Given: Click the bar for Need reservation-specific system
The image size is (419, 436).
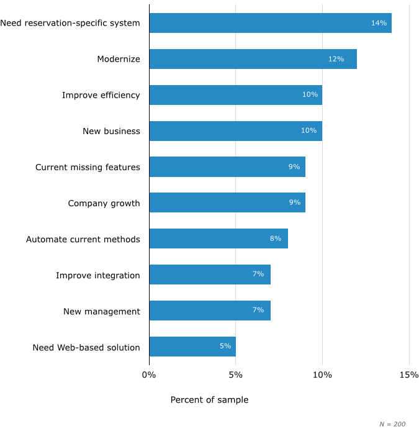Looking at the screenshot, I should coord(270,23).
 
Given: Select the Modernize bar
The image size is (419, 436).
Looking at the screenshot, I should coord(253,59).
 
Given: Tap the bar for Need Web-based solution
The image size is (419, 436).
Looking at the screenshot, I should coord(192,347).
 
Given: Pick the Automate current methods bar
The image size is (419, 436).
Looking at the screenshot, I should coord(219,238).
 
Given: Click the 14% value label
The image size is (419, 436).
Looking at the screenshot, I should coord(379,23).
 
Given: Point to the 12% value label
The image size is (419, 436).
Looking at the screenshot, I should coord(336,59).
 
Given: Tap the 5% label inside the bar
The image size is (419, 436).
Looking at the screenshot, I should coord(225,346).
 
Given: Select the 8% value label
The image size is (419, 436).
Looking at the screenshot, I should coord(276,238).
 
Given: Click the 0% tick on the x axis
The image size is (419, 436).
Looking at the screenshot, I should coord(149,375).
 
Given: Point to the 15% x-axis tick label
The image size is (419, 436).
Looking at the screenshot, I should coord(408,375).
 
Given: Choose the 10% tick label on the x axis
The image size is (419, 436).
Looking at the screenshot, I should coord(322,375).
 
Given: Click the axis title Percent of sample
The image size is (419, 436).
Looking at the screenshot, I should coord(209,400).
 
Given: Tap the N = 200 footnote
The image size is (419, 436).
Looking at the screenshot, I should coord(392,424).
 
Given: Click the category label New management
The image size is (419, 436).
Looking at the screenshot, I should coord(102,311).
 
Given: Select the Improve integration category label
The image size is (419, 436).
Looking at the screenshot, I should coord(98,275).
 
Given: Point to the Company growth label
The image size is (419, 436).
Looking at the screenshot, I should coord(104,203).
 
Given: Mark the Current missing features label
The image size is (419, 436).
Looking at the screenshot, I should coord(88,167).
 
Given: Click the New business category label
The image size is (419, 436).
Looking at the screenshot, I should coord(111,131).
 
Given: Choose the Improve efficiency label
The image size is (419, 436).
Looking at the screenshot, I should coord(101,95).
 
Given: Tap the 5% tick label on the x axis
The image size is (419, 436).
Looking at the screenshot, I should coord(235,375).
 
